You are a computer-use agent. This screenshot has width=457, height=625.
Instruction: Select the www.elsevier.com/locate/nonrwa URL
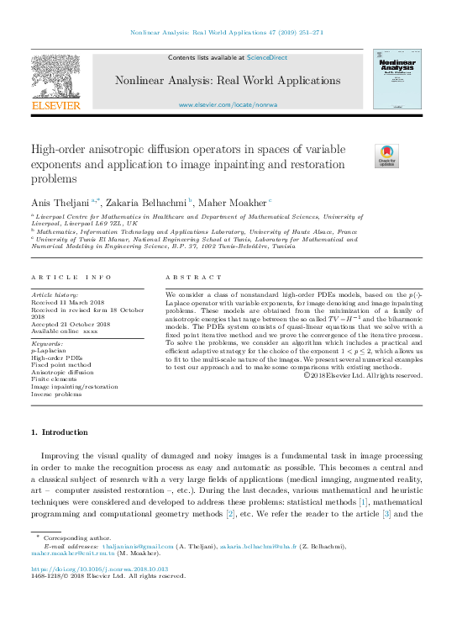tap(228, 104)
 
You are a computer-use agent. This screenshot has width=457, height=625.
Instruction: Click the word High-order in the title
tap(58, 149)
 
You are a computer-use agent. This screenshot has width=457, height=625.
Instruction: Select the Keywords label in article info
tap(47, 344)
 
